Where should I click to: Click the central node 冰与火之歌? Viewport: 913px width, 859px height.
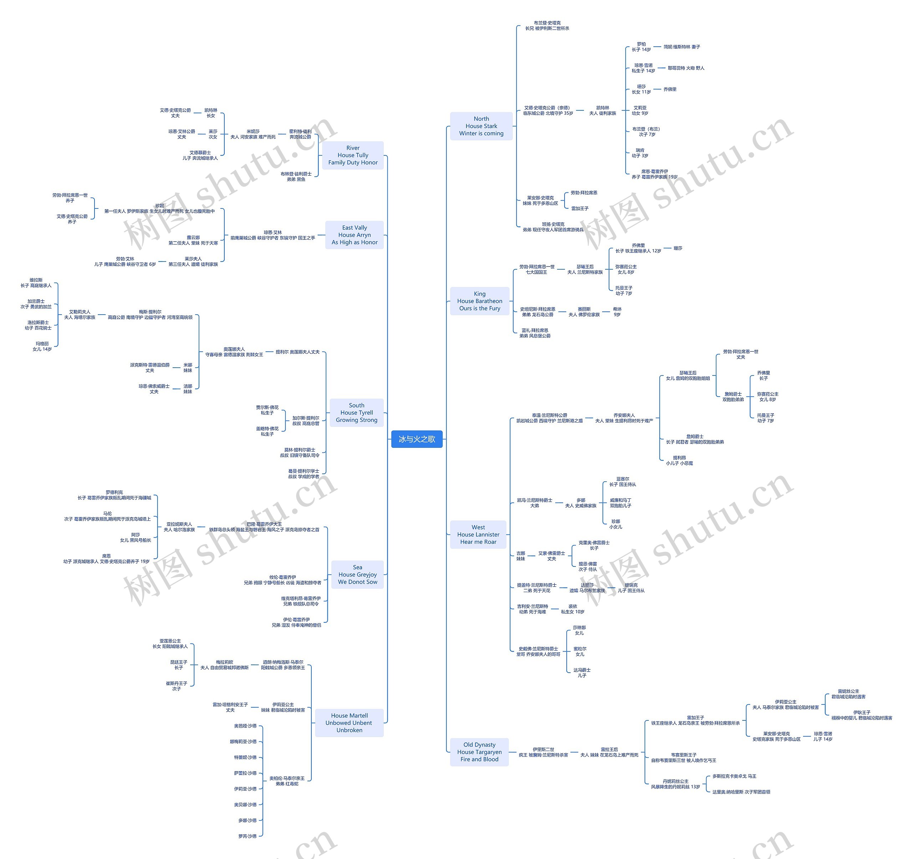417,439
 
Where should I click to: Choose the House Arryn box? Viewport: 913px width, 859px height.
354,235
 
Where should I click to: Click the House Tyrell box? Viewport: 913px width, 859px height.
356,413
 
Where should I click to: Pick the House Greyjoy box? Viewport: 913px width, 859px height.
357,574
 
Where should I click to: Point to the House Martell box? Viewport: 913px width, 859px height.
349,723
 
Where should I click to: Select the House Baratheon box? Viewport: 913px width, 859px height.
479,301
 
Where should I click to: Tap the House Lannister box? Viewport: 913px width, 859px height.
478,534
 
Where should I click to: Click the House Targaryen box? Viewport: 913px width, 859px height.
479,752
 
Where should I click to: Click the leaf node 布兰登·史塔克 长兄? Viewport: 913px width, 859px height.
547,26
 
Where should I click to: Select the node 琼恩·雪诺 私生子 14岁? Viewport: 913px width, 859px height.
643,68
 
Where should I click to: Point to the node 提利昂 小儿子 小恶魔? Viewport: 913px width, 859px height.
679,460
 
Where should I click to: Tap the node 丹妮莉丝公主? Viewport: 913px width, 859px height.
675,784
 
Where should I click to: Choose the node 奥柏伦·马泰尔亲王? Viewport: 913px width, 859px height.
287,781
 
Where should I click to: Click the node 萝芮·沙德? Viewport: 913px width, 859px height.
247,836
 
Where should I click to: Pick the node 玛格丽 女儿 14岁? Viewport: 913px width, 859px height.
42,346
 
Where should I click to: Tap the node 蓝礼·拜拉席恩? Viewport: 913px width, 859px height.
535,333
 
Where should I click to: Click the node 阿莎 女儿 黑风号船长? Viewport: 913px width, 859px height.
135,537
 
